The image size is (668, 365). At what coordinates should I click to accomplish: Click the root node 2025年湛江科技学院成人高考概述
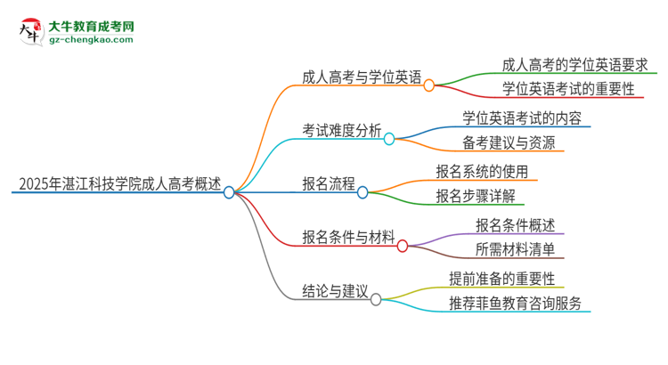(119, 184)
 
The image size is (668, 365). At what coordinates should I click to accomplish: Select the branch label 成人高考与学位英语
(362, 77)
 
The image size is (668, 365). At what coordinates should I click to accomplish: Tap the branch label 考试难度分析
(342, 132)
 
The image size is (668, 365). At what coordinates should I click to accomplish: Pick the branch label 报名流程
(328, 184)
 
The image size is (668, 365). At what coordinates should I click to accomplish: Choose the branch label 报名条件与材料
(348, 238)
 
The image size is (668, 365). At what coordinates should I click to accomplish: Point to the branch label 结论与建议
(335, 291)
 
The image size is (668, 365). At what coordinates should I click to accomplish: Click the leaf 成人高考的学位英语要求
(574, 64)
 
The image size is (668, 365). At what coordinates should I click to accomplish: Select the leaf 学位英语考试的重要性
(567, 89)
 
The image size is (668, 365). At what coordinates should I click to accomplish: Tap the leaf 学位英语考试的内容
(525, 118)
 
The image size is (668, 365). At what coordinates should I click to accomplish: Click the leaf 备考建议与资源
(509, 142)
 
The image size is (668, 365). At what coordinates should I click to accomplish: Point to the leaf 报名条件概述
(515, 224)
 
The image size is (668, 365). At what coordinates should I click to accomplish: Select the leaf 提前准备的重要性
(508, 279)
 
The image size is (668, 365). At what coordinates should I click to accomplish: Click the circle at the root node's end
(229, 192)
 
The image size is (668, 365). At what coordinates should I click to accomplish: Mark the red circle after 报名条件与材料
(402, 246)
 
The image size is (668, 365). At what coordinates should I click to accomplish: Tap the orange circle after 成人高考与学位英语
(428, 85)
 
